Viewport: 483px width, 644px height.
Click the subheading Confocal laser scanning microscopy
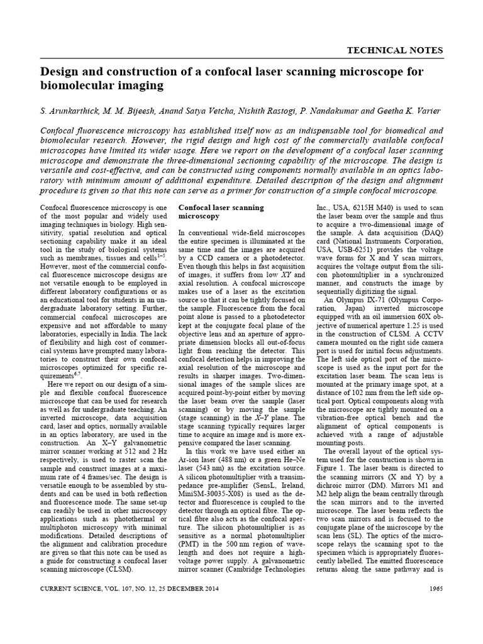pos(221,212)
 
